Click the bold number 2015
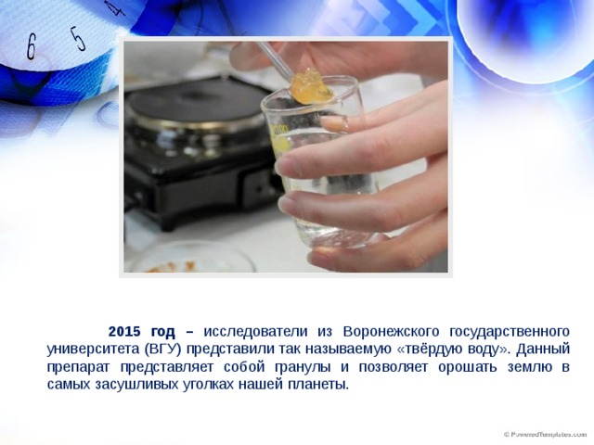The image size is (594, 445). (x=124, y=332)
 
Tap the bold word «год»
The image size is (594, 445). (x=163, y=332)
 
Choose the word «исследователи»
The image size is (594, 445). (x=256, y=332)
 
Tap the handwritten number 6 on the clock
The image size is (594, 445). (x=31, y=47)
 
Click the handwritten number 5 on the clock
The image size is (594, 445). (x=78, y=38)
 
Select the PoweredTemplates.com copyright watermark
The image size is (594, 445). (x=545, y=435)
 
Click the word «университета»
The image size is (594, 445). (x=93, y=350)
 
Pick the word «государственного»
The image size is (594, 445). (x=510, y=332)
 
